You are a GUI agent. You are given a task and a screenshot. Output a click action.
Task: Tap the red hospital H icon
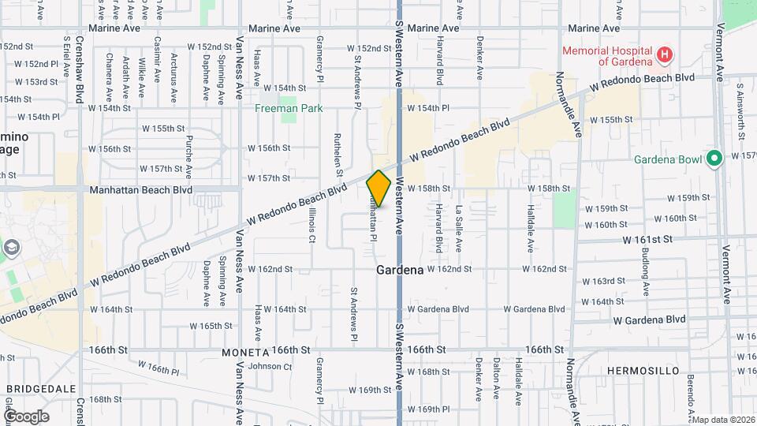665,54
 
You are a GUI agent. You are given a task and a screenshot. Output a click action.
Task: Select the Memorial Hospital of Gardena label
607,56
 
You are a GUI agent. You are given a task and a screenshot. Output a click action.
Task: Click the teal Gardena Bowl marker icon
715,159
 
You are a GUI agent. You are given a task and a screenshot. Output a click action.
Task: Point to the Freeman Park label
288,108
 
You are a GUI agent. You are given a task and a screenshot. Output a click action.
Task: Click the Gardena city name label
400,270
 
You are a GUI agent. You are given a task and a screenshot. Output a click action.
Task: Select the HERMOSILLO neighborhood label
640,370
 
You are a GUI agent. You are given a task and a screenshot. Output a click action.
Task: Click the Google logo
26,417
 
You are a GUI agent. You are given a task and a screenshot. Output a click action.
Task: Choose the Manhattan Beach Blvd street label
140,190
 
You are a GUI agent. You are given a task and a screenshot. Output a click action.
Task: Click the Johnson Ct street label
270,366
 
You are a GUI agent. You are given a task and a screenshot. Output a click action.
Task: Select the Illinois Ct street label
311,226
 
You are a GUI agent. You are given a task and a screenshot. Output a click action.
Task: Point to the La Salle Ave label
458,229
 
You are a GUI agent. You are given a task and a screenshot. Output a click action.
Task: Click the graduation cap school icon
12,248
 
